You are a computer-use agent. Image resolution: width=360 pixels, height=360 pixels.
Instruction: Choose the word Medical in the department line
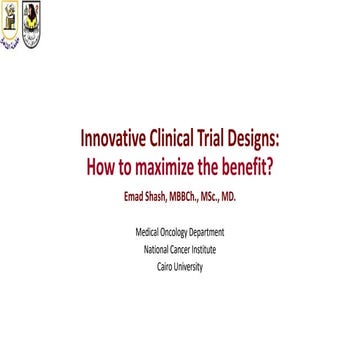point(148,232)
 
